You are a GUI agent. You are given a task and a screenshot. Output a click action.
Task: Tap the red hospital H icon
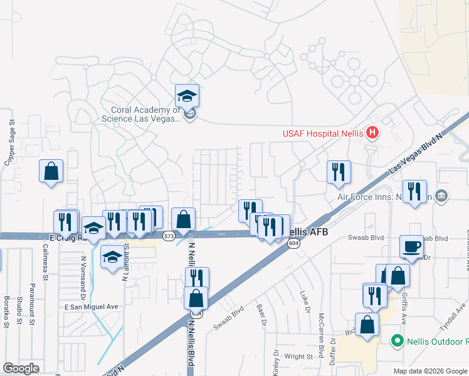coord(372,133)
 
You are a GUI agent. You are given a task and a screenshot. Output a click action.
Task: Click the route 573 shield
coord(168,236)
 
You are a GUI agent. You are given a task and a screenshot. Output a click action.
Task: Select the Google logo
coord(21,368)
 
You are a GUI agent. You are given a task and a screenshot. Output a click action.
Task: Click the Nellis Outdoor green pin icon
coord(396,342)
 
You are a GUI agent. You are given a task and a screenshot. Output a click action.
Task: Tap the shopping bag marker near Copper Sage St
coord(51,172)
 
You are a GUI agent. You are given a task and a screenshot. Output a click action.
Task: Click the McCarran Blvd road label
coord(321,330)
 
